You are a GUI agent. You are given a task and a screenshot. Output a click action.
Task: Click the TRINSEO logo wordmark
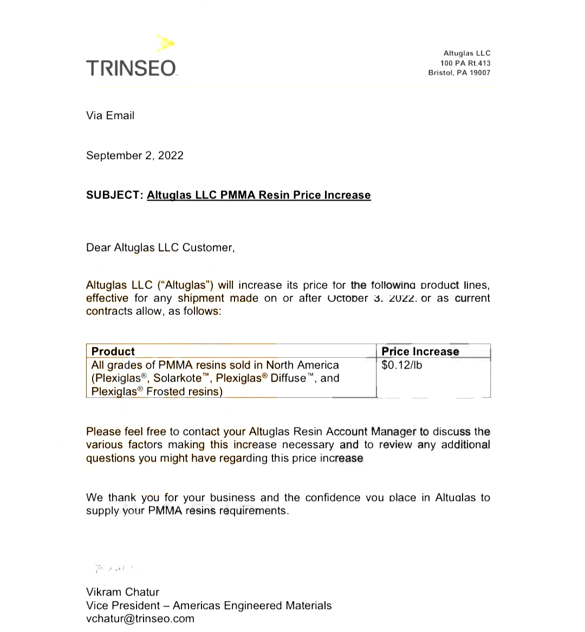pyautogui.click(x=131, y=68)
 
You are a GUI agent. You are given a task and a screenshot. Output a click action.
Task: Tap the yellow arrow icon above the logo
pyautogui.click(x=166, y=43)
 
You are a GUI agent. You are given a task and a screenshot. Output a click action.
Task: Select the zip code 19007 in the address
pyautogui.click(x=480, y=73)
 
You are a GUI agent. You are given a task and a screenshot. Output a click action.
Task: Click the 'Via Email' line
pyautogui.click(x=110, y=115)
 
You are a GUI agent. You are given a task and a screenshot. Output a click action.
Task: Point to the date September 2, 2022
pyautogui.click(x=135, y=156)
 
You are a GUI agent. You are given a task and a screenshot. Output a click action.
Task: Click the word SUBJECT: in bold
pyautogui.click(x=114, y=195)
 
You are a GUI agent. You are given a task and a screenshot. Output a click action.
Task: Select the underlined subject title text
pyautogui.click(x=258, y=195)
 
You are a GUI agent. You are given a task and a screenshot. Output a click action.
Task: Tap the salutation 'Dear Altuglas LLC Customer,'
pyautogui.click(x=160, y=248)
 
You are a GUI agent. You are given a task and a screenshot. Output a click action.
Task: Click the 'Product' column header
pyautogui.click(x=113, y=351)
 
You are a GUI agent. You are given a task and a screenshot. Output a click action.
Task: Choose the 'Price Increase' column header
pyautogui.click(x=420, y=351)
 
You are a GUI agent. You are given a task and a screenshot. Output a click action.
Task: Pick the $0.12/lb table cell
pyautogui.click(x=401, y=365)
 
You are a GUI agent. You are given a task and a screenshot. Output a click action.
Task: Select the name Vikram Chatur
pyautogui.click(x=122, y=592)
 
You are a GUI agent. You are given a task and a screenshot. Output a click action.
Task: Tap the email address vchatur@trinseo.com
pyautogui.click(x=140, y=618)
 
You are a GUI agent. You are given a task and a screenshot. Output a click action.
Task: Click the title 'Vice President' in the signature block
pyautogui.click(x=123, y=605)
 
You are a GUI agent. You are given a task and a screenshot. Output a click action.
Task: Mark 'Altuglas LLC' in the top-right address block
pyautogui.click(x=467, y=53)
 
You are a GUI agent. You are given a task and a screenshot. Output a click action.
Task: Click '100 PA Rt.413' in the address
pyautogui.click(x=465, y=63)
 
